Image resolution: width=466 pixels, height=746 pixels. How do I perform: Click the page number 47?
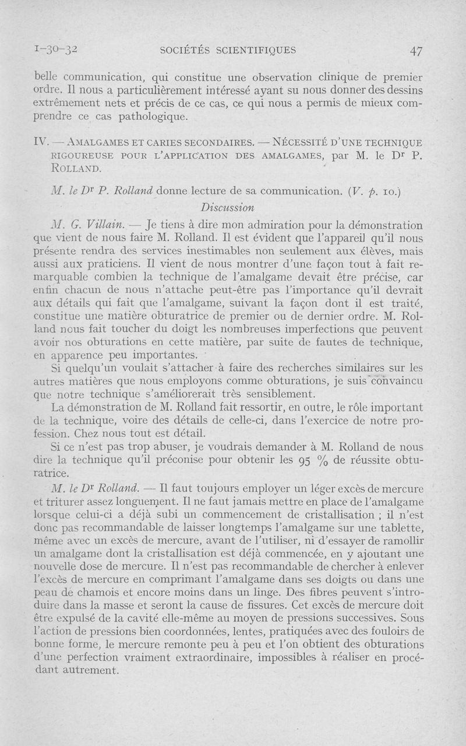(x=415, y=51)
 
